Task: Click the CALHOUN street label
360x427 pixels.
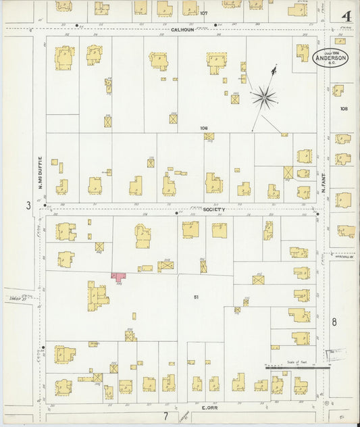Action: pyautogui.click(x=182, y=30)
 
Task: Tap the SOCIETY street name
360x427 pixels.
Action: pyautogui.click(x=213, y=209)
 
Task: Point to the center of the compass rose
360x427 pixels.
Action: pyautogui.click(x=263, y=98)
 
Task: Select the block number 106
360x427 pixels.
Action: pyautogui.click(x=203, y=128)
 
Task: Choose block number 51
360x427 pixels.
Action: pyautogui.click(x=196, y=297)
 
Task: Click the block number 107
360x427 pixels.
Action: pyautogui.click(x=203, y=13)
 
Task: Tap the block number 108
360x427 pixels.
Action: pyautogui.click(x=344, y=108)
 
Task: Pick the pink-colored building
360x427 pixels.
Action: pyautogui.click(x=119, y=277)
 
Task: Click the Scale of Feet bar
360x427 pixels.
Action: pyautogui.click(x=297, y=368)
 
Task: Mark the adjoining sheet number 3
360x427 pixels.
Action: pyautogui.click(x=28, y=205)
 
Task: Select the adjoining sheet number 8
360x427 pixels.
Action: pyautogui.click(x=334, y=322)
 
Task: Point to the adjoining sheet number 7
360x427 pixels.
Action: pyautogui.click(x=165, y=416)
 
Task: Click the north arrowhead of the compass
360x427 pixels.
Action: pyautogui.click(x=274, y=68)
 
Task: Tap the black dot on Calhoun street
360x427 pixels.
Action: pyautogui.click(x=215, y=25)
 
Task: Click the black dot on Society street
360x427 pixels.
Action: pyautogui.click(x=176, y=213)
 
